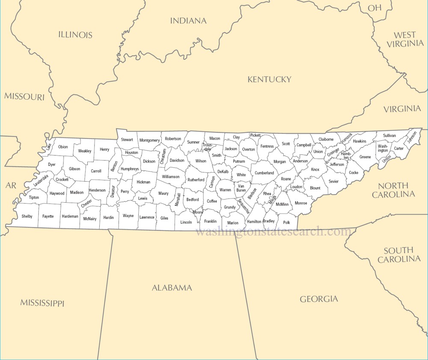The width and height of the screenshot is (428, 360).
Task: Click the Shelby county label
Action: tap(27, 216)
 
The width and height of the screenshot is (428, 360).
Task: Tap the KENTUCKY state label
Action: tap(269, 79)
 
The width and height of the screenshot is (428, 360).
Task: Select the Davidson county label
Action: tap(177, 160)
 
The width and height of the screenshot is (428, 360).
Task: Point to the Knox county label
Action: tap(315, 169)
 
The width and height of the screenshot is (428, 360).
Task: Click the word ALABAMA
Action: tap(172, 288)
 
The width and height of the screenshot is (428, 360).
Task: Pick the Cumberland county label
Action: tap(265, 173)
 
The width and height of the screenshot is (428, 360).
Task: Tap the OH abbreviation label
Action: tap(374, 8)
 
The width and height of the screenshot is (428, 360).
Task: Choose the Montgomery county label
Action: tap(149, 140)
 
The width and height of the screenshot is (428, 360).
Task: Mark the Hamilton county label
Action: tap(254, 221)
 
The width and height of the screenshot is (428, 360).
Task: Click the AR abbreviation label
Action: tap(11, 185)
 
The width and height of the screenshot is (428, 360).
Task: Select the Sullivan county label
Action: tap(389, 136)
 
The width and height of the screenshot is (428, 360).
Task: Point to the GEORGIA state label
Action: tap(318, 299)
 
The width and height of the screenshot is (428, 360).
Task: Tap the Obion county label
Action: tap(63, 147)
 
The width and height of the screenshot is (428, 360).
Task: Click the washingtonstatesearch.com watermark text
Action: tap(273, 232)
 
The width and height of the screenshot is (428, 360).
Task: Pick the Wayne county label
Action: tap(128, 216)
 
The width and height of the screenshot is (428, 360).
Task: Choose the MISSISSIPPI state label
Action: tap(42, 303)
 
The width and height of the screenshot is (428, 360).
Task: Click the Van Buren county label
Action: tap(241, 188)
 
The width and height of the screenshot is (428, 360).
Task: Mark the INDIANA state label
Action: tap(188, 21)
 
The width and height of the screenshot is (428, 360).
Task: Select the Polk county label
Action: tap(286, 222)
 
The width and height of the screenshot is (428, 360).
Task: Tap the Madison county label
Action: tap(77, 192)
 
